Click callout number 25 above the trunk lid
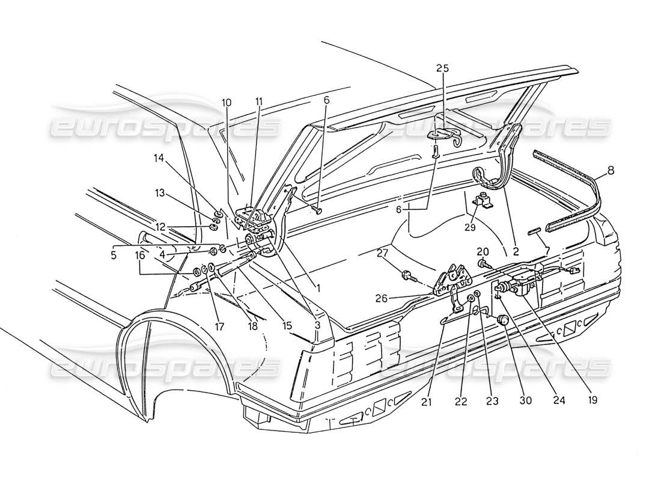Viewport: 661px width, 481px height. pos(443,69)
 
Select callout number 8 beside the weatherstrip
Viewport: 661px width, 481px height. pos(611,170)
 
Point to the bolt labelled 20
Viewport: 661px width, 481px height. pos(484,263)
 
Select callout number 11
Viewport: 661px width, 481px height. pos(258,103)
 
